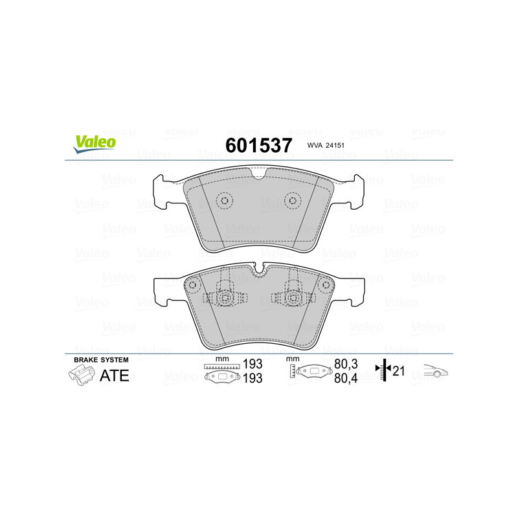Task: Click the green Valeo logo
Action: pyautogui.click(x=95, y=144)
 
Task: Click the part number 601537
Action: pyautogui.click(x=258, y=145)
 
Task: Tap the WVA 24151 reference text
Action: pyautogui.click(x=326, y=145)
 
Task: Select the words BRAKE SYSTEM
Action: pyautogui.click(x=101, y=360)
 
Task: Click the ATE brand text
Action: pyautogui.click(x=115, y=376)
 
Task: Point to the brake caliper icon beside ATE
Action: pyautogui.click(x=81, y=376)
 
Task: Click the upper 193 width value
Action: pyautogui.click(x=253, y=364)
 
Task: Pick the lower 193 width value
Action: pyautogui.click(x=253, y=378)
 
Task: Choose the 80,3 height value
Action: pyautogui.click(x=346, y=364)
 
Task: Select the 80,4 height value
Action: pyautogui.click(x=346, y=378)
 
